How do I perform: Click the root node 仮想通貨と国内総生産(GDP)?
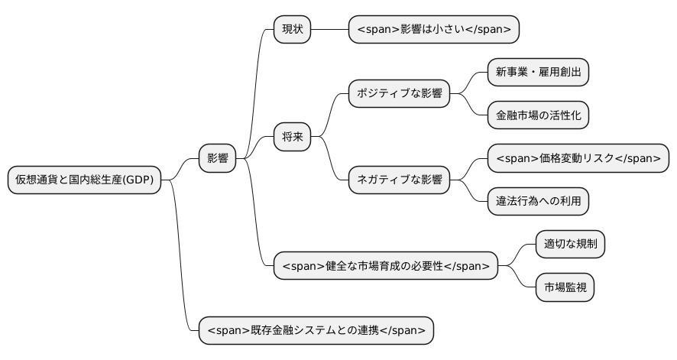click(84, 180)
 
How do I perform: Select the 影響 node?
click(217, 158)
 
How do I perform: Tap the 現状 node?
click(293, 29)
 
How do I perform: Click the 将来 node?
click(293, 137)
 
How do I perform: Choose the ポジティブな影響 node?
click(399, 93)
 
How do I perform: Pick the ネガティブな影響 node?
click(399, 180)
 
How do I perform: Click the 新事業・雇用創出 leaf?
click(538, 72)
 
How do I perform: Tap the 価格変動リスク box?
click(578, 158)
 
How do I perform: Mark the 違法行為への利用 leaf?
click(538, 201)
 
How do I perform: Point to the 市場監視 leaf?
click(565, 287)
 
